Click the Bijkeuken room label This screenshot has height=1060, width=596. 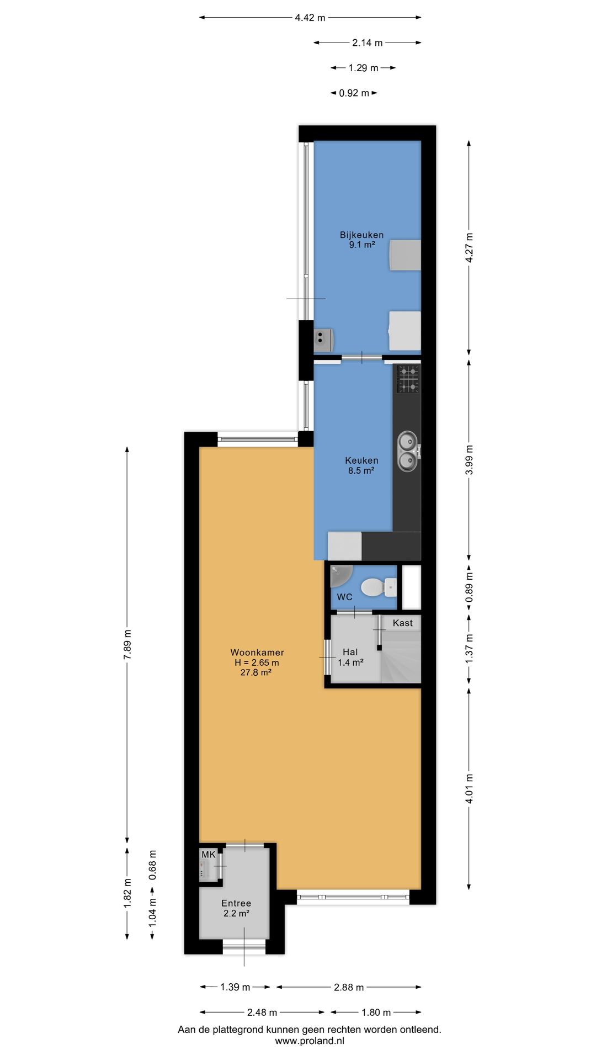361,235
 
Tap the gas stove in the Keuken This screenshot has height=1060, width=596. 408,379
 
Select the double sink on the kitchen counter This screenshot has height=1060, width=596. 407,452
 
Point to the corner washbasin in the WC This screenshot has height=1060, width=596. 339,575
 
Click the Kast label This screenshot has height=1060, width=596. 402,623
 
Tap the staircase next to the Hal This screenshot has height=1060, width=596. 401,657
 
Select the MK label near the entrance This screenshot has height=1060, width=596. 208,855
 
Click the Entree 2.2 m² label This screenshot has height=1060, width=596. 236,908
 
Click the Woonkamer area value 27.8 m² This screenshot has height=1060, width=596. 256,672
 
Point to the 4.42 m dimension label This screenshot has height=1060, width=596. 310,18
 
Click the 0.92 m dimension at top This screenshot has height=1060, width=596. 354,93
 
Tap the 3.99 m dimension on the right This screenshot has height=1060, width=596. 469,460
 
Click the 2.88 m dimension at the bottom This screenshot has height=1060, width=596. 349,987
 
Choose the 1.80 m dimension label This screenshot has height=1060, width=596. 376,1012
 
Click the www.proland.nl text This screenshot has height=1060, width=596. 310,1041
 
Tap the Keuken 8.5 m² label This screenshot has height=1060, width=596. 361,465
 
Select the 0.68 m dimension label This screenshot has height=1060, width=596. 153,865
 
